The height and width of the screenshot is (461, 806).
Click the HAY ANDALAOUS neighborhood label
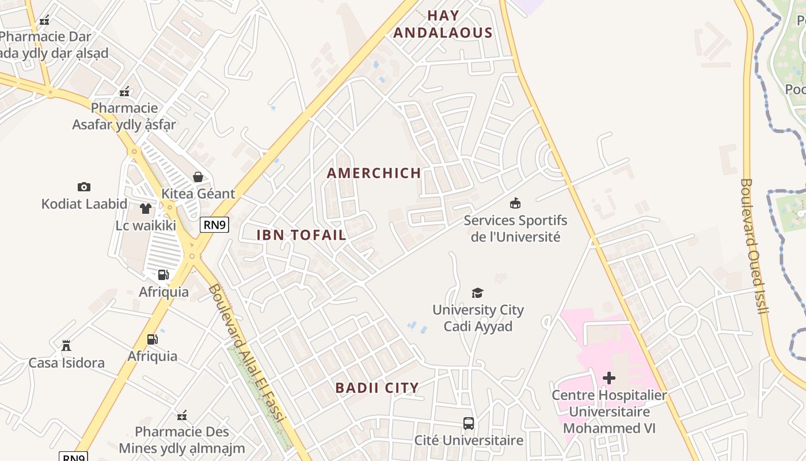point(443,24)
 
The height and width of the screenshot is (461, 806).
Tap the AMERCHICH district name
point(374,173)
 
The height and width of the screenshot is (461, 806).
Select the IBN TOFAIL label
point(301,235)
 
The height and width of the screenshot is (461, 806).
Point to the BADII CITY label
point(377,388)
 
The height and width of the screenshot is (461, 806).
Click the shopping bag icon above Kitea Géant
point(198,176)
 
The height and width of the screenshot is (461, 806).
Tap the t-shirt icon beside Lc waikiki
point(146,209)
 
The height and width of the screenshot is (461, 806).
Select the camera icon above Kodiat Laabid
point(84,187)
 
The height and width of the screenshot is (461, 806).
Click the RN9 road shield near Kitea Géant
point(214,224)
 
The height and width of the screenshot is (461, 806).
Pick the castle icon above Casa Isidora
point(66,346)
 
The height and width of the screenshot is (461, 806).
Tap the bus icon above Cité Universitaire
point(469,424)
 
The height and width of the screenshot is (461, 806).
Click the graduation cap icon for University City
point(477,293)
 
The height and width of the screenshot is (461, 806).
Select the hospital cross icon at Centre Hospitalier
point(609,378)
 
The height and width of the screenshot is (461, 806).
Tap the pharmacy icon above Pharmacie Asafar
point(124,92)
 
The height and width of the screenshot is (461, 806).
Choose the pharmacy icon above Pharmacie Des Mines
point(182,415)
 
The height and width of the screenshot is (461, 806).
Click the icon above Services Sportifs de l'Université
point(515,203)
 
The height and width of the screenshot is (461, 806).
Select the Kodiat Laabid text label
point(84,203)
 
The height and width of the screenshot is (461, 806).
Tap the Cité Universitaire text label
point(469,441)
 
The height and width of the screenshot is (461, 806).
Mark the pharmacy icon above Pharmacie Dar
point(44,21)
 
